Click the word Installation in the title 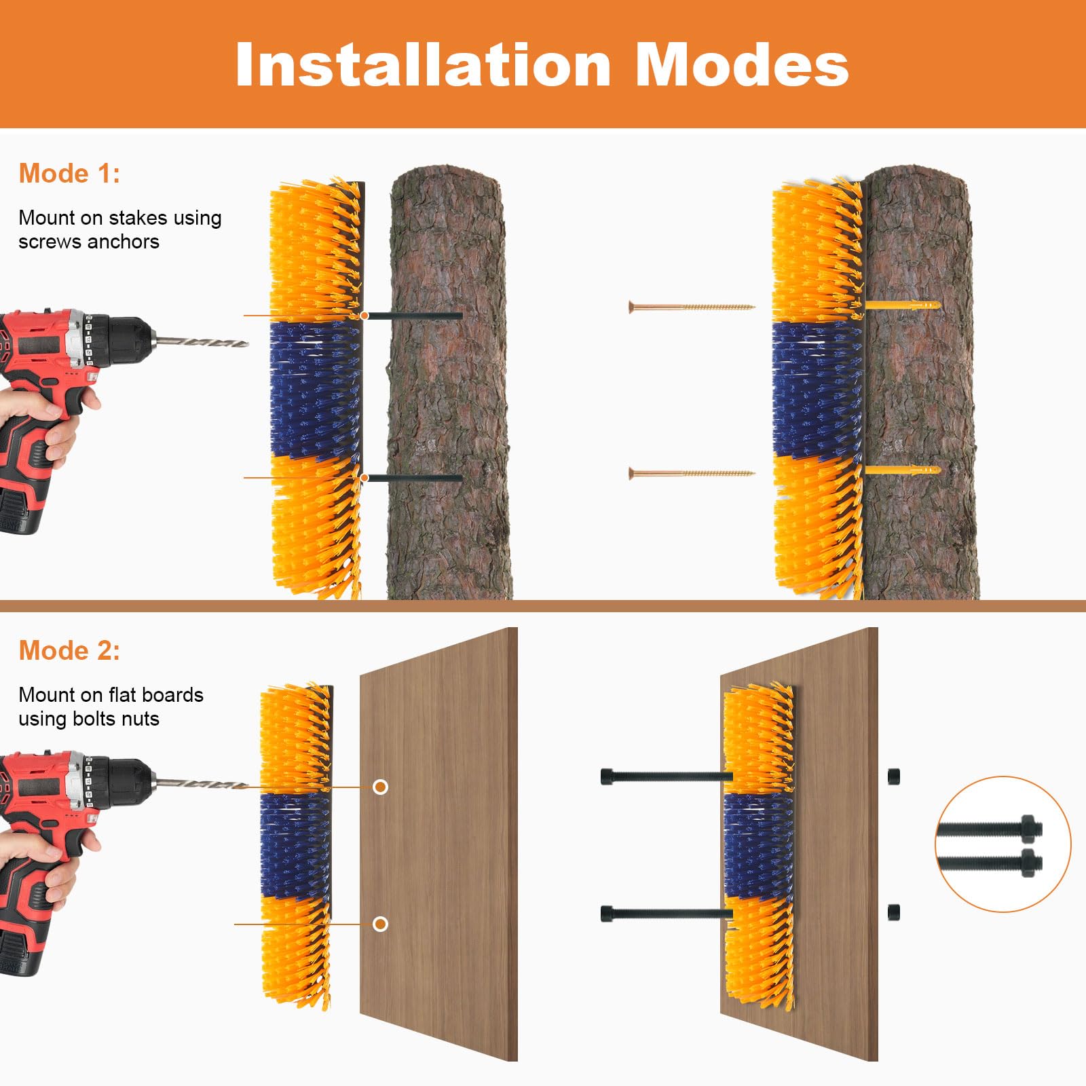424,64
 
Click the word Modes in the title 742,64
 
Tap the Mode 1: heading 69,174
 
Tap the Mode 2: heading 69,651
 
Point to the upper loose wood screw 692,307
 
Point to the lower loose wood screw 692,473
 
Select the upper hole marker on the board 381,787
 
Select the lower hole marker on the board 381,924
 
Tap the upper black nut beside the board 894,776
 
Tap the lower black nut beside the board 894,912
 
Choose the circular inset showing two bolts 1003,844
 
